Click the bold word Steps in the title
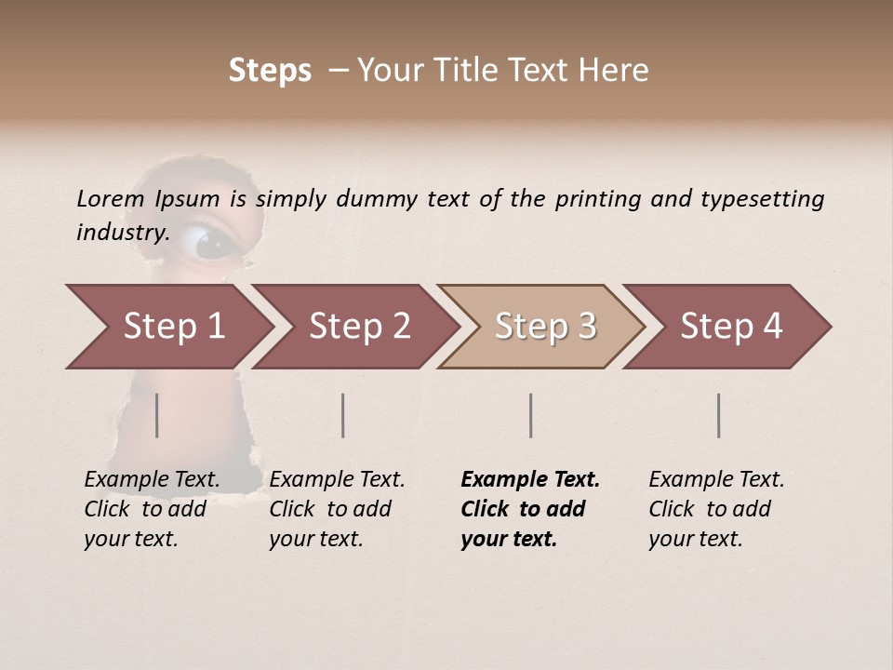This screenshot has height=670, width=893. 270,71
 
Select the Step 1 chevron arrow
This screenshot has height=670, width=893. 167,327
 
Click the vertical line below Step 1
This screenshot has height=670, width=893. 157,415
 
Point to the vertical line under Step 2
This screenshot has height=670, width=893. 343,415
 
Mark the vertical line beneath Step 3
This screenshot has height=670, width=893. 531,415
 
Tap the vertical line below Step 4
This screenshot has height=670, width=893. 719,415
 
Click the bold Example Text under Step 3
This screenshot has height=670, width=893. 530,480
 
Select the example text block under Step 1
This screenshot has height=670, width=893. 152,509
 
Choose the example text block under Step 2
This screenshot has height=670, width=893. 337,509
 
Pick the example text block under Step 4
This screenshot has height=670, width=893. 716,509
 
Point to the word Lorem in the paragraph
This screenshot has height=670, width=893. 111,199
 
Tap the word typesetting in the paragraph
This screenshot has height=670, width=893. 762,199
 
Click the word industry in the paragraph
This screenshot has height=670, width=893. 122,233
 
